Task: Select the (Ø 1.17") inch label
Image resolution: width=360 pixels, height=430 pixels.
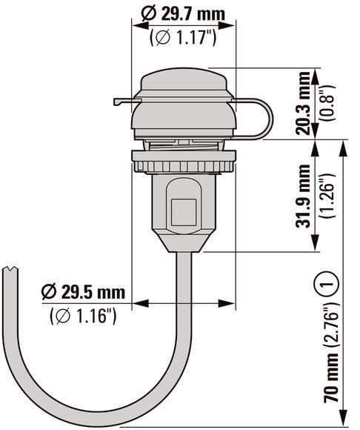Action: tap(183, 37)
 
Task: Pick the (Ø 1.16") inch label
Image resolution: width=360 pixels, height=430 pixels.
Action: tap(83, 317)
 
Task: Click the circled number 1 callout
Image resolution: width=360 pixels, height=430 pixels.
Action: tap(328, 282)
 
